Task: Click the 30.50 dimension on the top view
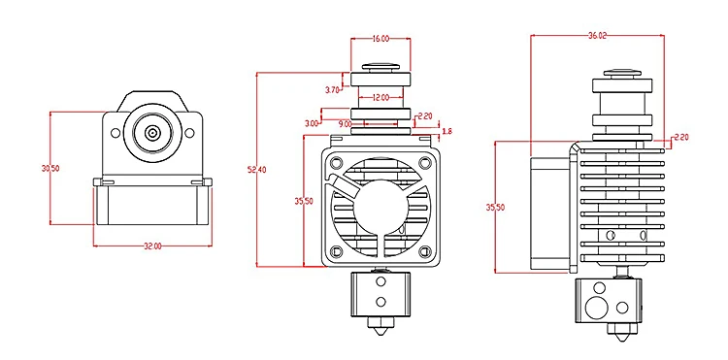50,169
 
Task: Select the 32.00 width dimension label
152,246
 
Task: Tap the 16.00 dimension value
381,39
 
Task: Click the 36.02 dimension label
597,36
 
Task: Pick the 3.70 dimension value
332,90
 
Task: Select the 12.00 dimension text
381,97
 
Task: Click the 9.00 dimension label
345,124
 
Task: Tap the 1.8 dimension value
447,132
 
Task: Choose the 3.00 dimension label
312,123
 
